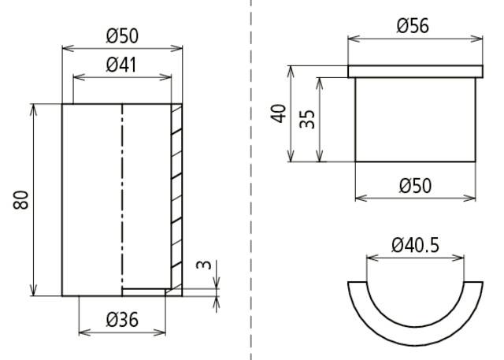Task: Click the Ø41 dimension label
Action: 121,65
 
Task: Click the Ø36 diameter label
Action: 122,320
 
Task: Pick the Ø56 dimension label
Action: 413,25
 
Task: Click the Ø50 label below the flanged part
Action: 414,185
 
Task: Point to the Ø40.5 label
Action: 415,245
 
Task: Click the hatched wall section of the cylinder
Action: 176,197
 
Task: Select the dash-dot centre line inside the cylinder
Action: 122,197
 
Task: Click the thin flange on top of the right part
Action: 414,72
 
